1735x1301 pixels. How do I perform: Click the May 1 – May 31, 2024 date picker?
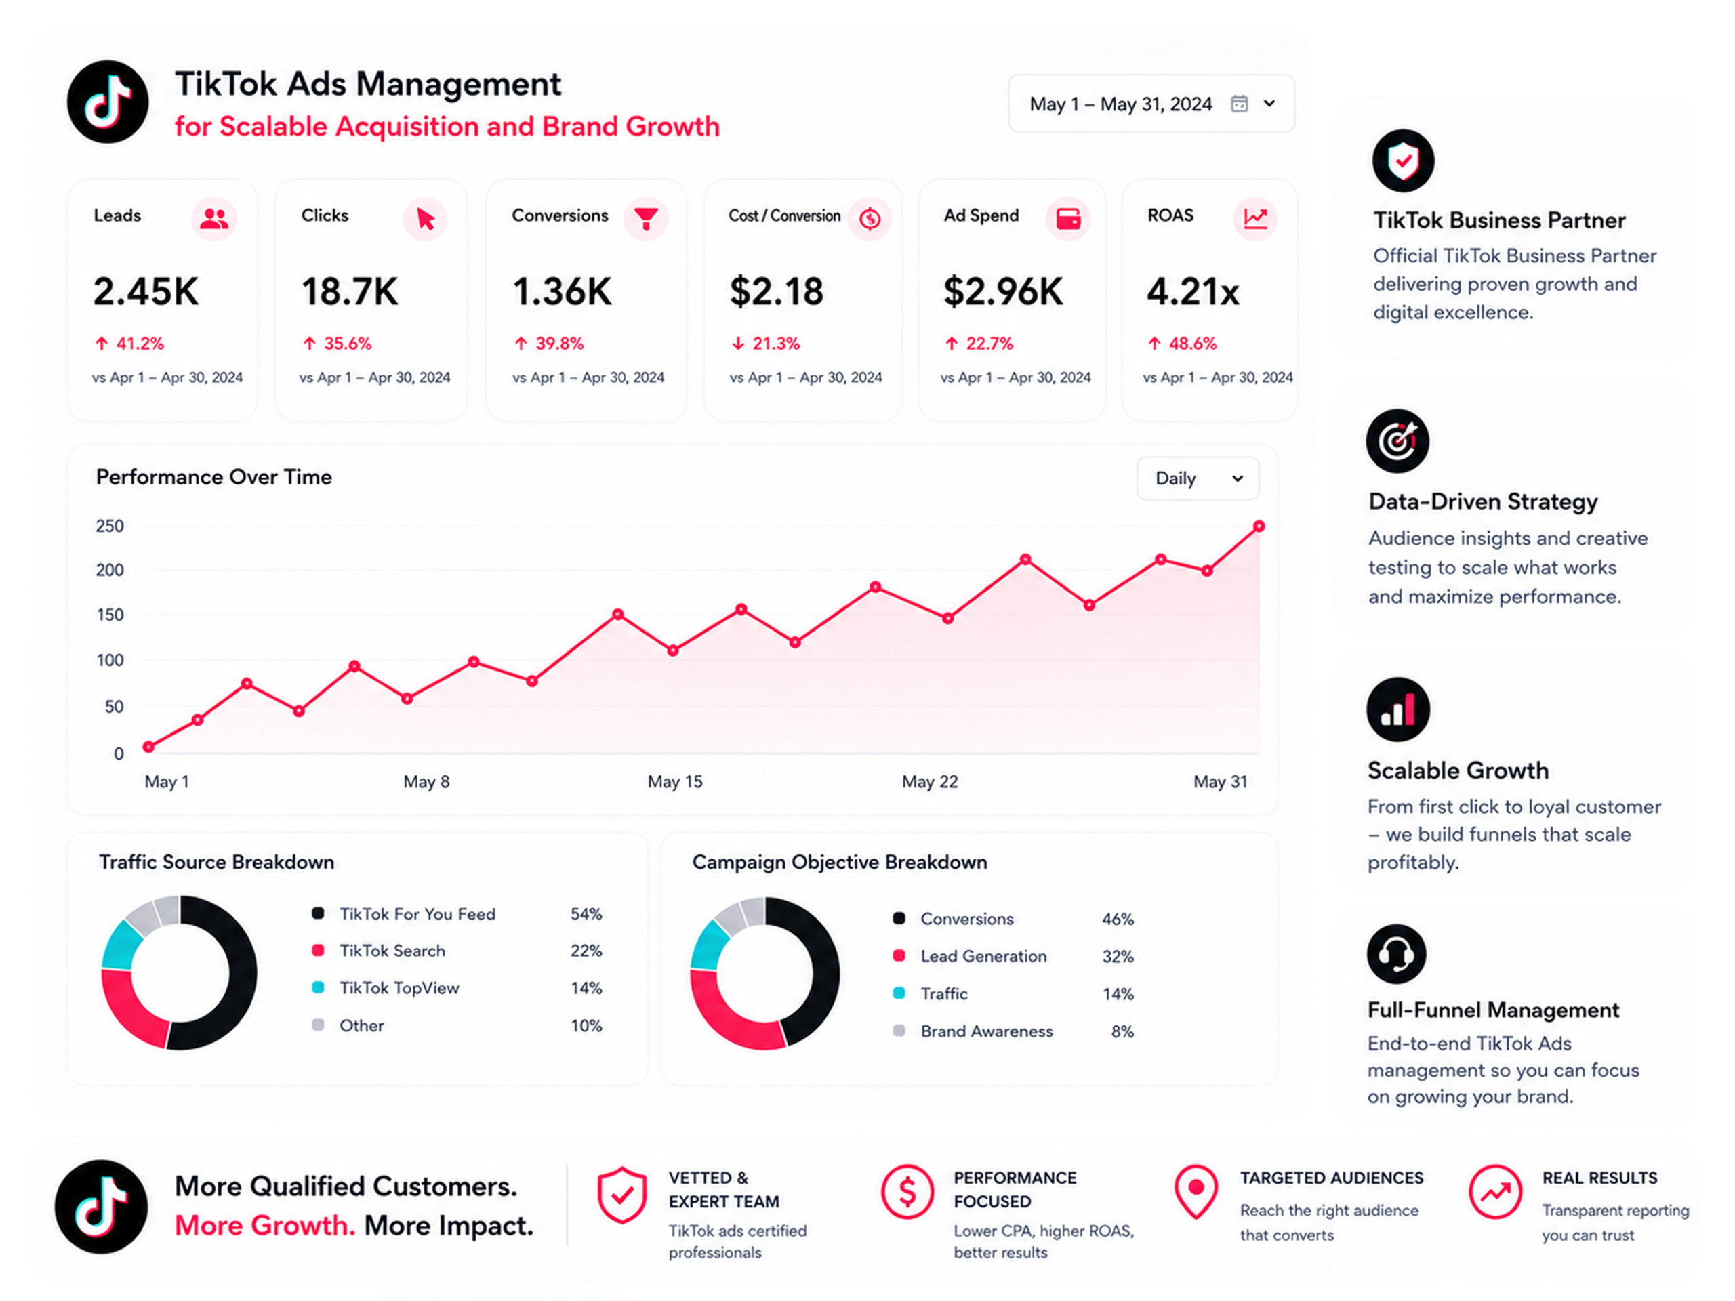tap(1151, 104)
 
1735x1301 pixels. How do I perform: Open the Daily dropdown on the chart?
tap(1198, 478)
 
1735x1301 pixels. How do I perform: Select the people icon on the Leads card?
tap(214, 218)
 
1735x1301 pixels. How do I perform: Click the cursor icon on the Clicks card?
tap(425, 218)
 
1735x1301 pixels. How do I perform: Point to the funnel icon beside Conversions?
tap(645, 218)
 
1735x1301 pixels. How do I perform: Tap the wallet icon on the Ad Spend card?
tap(1068, 218)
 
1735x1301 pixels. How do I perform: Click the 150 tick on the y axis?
tap(110, 615)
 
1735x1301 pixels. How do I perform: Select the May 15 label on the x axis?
tap(674, 782)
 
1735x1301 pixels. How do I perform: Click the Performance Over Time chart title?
tap(213, 477)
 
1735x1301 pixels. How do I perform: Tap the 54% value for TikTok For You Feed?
tap(586, 913)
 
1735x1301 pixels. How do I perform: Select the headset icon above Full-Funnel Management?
tap(1396, 953)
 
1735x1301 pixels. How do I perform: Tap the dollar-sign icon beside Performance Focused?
tap(907, 1192)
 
